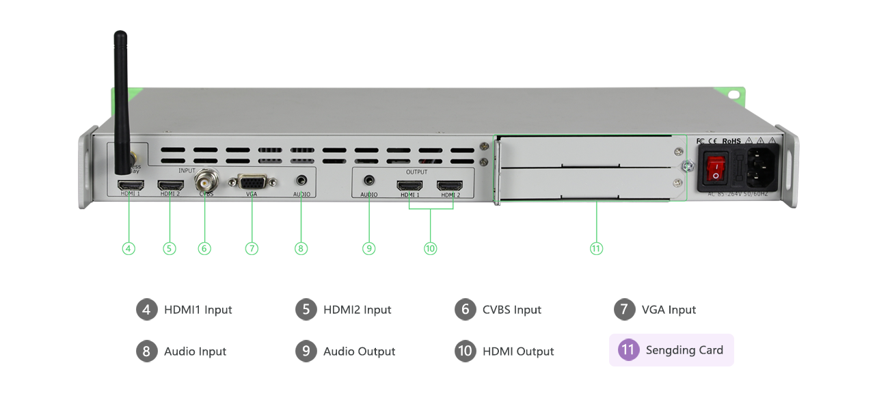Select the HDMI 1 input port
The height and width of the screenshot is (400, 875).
pyautogui.click(x=131, y=185)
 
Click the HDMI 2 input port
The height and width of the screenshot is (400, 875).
pyautogui.click(x=170, y=185)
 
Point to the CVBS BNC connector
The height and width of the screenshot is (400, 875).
pyautogui.click(x=204, y=183)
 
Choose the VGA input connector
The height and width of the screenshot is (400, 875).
pyautogui.click(x=252, y=183)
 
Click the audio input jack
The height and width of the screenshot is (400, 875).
pyautogui.click(x=301, y=181)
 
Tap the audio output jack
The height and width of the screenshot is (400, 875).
pyautogui.click(x=369, y=181)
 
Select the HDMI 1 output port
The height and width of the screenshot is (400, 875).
pyautogui.click(x=410, y=185)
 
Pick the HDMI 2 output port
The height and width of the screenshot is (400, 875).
pyautogui.click(x=450, y=185)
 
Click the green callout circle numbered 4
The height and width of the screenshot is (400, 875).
pyautogui.click(x=129, y=248)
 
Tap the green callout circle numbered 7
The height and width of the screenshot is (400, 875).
pyautogui.click(x=252, y=248)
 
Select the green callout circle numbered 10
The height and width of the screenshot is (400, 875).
pyautogui.click(x=430, y=248)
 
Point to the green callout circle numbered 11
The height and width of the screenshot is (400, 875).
pyautogui.click(x=596, y=248)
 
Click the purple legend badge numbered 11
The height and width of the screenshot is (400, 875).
pyautogui.click(x=628, y=350)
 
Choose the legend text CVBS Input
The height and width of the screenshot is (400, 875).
pyautogui.click(x=512, y=310)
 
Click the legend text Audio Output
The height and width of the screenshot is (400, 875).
pyautogui.click(x=359, y=351)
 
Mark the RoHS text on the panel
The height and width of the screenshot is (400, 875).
pyautogui.click(x=731, y=142)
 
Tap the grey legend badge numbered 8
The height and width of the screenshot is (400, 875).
pyautogui.click(x=146, y=351)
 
